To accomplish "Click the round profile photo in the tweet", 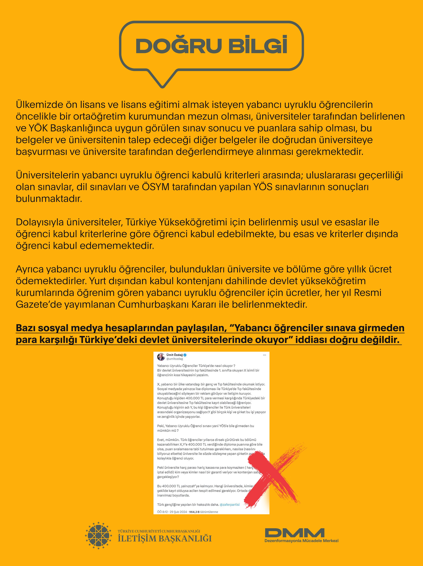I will point(161,357).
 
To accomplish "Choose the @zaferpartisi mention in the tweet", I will point(230,505).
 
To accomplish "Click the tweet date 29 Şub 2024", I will point(178,512).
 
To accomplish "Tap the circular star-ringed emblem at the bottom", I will point(98,536).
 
